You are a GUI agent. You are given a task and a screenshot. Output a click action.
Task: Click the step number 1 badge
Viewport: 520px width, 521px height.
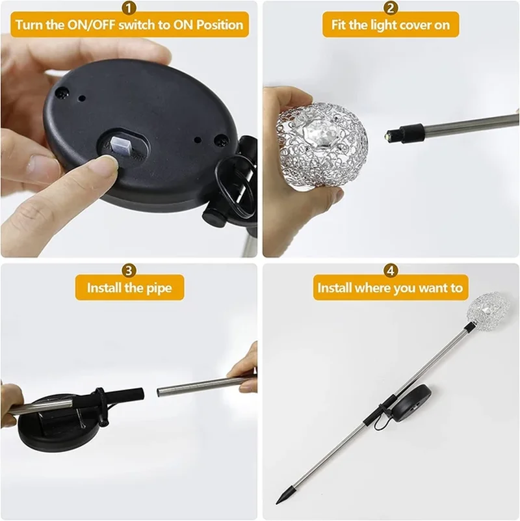click(129, 8)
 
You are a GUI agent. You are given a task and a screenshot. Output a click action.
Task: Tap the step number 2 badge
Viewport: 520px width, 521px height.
click(391, 8)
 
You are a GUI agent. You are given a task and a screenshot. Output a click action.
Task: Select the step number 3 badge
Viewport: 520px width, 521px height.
click(129, 271)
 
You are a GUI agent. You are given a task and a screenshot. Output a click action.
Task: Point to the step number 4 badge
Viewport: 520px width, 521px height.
click(391, 271)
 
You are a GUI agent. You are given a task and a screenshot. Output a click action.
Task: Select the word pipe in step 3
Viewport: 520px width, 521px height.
click(159, 288)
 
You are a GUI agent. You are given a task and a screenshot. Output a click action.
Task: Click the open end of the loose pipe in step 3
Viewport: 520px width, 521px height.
click(159, 392)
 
